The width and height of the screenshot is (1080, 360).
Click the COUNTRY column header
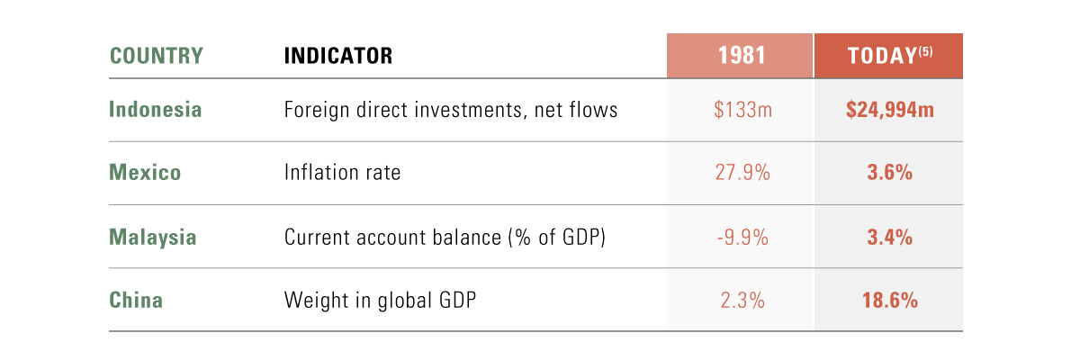click(157, 56)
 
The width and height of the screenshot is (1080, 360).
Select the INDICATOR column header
click(338, 56)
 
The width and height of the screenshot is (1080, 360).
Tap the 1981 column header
click(742, 56)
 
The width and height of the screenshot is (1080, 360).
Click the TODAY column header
click(882, 56)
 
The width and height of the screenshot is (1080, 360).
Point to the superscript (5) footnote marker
click(926, 51)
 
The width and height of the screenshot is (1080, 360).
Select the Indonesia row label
click(155, 110)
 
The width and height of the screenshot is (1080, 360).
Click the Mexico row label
click(145, 172)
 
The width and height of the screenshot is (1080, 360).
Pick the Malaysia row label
click(153, 238)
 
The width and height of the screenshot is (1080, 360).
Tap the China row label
click(136, 300)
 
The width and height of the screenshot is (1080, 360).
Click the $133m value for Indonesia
click(742, 110)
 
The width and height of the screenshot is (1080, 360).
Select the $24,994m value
click(889, 110)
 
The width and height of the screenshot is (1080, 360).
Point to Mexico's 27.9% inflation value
click(742, 173)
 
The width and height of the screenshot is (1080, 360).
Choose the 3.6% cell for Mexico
click(889, 173)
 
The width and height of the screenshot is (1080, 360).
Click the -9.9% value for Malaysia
click(742, 238)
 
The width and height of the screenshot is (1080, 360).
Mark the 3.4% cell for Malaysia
click(889, 238)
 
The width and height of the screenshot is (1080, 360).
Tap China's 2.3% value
click(742, 301)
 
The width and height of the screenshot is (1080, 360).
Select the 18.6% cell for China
click(889, 301)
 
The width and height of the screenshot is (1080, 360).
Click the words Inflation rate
click(342, 172)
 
